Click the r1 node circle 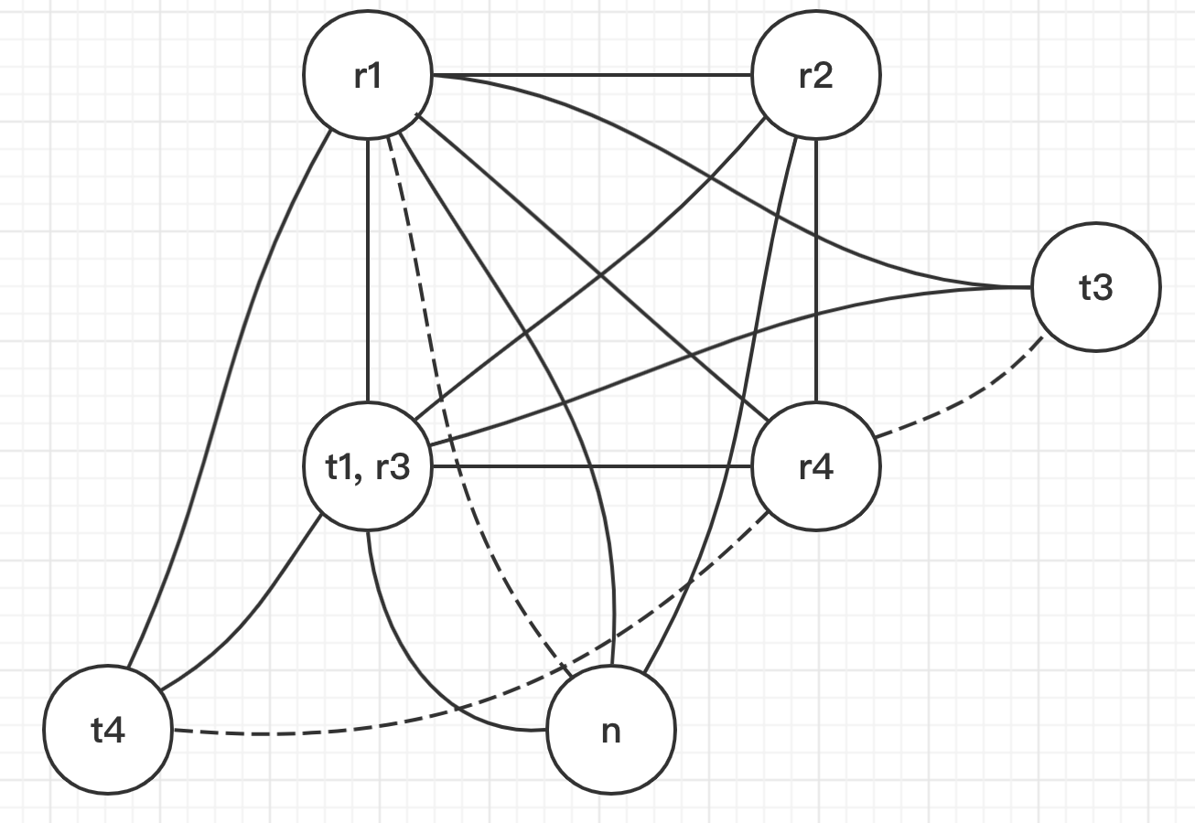367,76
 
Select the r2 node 815,76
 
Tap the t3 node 1095,287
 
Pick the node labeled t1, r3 367,467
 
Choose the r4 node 815,467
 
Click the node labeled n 611,732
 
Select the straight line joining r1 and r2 590,76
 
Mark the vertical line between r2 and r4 815,274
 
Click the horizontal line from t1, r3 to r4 590,467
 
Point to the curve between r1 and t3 732,165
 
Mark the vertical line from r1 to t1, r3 367,274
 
